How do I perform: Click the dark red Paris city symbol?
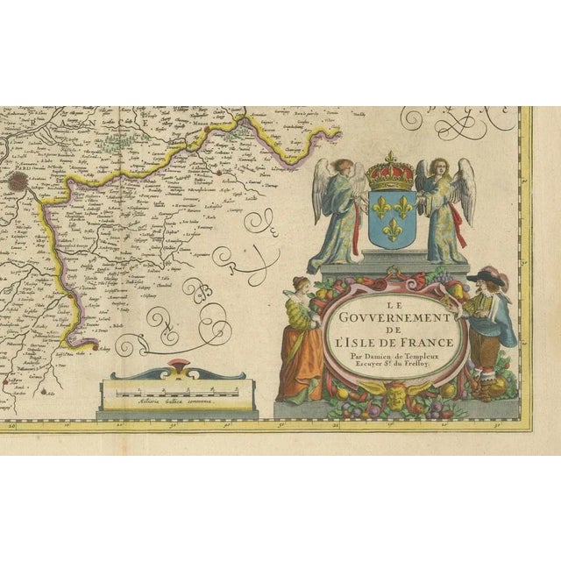18,182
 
